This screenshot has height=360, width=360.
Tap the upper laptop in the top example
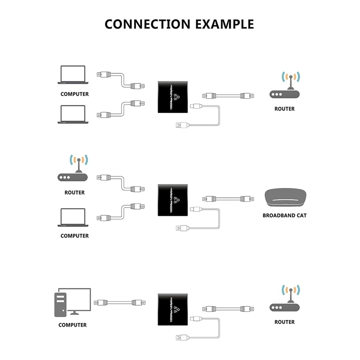(72, 75)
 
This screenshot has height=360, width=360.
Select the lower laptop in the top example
(72, 114)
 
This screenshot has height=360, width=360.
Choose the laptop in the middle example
(72, 217)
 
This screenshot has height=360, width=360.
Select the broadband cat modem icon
(284, 197)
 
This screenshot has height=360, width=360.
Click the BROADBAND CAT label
(284, 216)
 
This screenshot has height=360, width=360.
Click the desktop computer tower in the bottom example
(61, 304)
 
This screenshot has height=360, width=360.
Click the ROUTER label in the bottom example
(284, 322)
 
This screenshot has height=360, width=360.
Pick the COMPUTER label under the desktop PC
(72, 325)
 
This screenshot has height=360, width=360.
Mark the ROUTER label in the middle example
(74, 193)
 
